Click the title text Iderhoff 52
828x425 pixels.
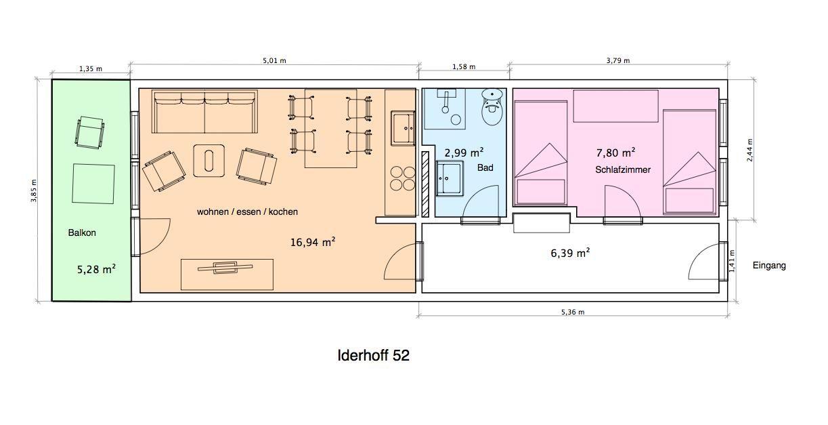(373, 355)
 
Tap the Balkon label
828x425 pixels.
(82, 233)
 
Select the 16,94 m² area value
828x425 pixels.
(313, 242)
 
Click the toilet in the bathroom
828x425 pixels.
(493, 106)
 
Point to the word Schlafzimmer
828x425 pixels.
(623, 169)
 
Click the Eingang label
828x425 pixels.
(769, 266)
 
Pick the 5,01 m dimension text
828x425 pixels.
(274, 60)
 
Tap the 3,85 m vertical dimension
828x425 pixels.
(34, 190)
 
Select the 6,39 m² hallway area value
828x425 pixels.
(570, 253)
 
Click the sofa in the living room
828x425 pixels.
(204, 111)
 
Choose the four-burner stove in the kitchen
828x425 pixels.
(404, 178)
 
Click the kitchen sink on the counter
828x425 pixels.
(404, 128)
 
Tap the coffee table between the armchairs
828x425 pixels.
(209, 161)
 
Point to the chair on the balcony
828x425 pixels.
(89, 132)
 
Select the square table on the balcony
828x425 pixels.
(93, 184)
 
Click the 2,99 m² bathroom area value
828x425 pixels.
(464, 153)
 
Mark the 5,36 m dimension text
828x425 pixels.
(573, 312)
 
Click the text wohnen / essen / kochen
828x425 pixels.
(247, 211)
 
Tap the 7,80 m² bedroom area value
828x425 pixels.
(616, 152)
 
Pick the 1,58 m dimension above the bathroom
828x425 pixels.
(464, 66)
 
